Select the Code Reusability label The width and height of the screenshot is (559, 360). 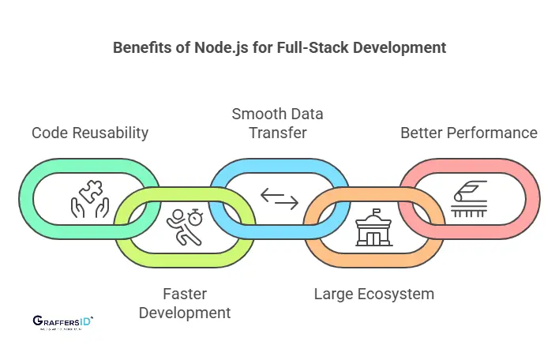[90, 133]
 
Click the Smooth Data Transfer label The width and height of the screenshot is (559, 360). [277, 123]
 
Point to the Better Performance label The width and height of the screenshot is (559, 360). [469, 133]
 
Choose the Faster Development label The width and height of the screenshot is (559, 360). [185, 303]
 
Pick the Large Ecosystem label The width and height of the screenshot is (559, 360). [374, 294]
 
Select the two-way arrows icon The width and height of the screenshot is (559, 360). [279, 199]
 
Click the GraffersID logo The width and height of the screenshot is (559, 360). [63, 322]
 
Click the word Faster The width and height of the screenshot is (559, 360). [185, 294]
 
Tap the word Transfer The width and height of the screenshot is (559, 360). [277, 133]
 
